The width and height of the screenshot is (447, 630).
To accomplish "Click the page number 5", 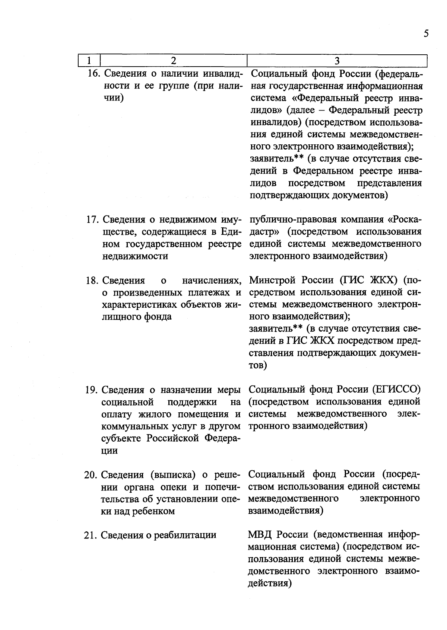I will click(426, 34).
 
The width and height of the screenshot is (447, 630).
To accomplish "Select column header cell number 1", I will click(89, 61).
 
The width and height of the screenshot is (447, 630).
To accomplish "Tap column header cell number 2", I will click(174, 61).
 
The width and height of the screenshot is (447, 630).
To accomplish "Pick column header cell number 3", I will click(337, 61).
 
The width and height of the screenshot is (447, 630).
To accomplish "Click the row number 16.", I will click(93, 74).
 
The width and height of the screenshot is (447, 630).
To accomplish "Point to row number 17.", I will click(93, 220).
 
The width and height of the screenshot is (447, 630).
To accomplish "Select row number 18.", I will click(92, 280).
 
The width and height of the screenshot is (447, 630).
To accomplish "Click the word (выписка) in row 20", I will click(173, 475).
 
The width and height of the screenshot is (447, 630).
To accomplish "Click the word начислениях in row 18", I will click(211, 280).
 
